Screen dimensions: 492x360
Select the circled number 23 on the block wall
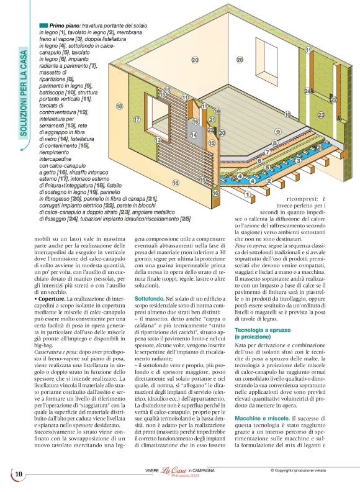(x=321, y=115)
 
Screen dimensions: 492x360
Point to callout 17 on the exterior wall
(x=137, y=119)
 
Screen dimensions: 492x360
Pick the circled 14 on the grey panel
(x=194, y=135)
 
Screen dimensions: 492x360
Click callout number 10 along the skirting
(x=287, y=114)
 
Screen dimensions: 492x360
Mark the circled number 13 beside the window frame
(x=158, y=140)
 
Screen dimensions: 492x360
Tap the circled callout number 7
(x=267, y=152)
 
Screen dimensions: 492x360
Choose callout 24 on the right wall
(x=307, y=92)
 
